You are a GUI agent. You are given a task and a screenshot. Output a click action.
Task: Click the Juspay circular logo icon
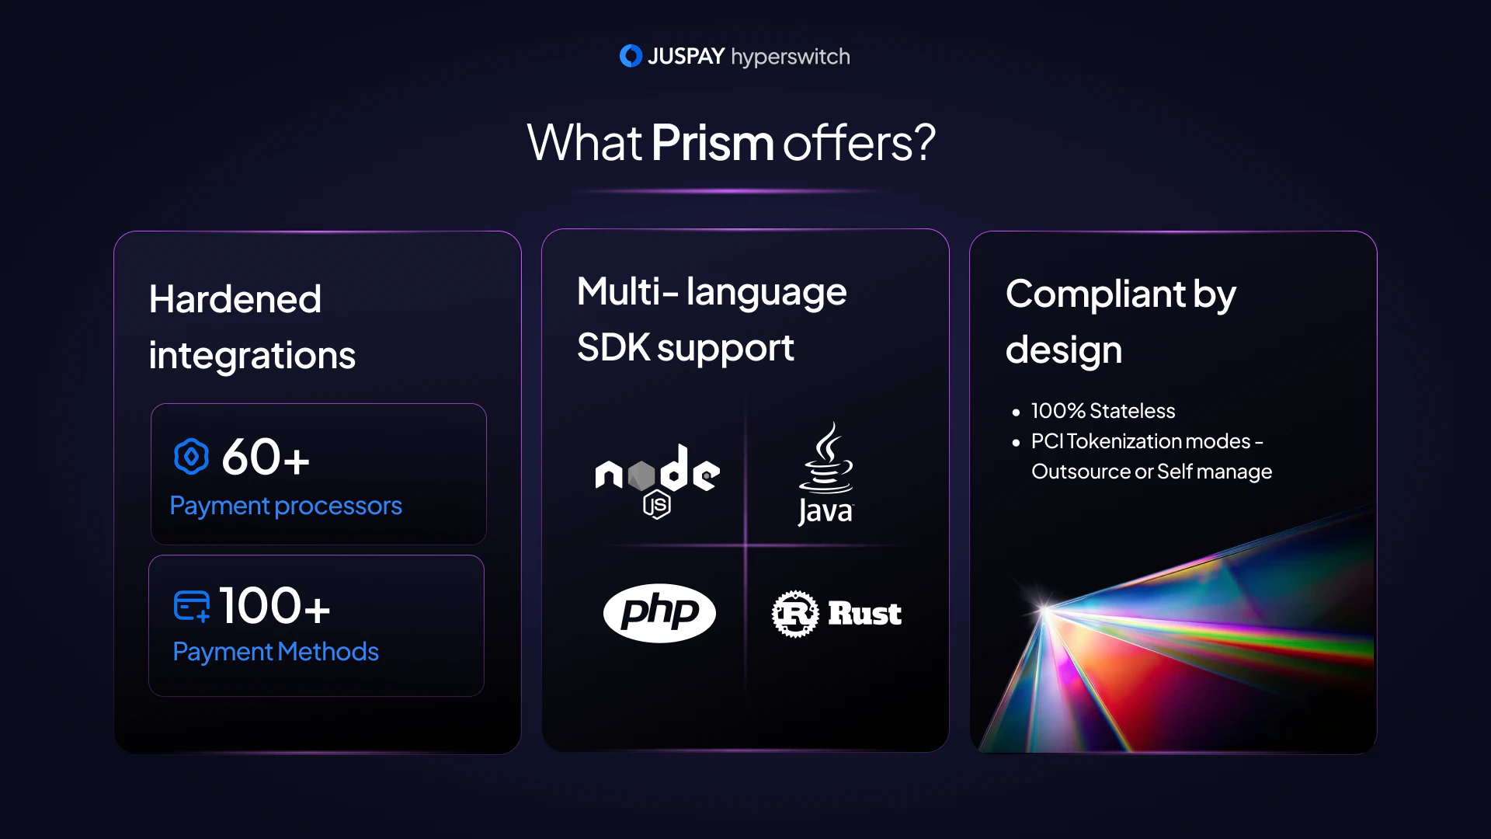pyautogui.click(x=631, y=56)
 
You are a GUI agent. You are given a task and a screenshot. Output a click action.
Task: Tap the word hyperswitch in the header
pyautogui.click(x=791, y=57)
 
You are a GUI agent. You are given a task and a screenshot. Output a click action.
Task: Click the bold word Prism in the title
pyautogui.click(x=713, y=143)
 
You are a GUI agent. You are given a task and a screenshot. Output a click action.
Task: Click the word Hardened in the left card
pyautogui.click(x=235, y=299)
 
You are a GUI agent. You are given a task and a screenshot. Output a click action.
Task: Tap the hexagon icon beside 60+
pyautogui.click(x=191, y=457)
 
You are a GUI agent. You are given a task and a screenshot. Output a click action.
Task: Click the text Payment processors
pyautogui.click(x=286, y=507)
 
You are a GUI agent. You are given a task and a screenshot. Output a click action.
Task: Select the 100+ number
pyautogui.click(x=275, y=605)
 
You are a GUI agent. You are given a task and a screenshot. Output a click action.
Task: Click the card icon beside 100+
pyautogui.click(x=192, y=607)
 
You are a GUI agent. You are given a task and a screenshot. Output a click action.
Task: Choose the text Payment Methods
pyautogui.click(x=276, y=652)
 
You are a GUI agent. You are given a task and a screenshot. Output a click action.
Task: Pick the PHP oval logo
pyautogui.click(x=659, y=613)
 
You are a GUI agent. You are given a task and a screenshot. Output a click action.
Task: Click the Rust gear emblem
pyautogui.click(x=795, y=614)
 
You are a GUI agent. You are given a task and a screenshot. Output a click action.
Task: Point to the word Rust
pyautogui.click(x=865, y=614)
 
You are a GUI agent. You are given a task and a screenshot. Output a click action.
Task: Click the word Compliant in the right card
pyautogui.click(x=1096, y=294)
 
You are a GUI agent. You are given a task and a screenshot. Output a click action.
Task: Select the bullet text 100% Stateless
pyautogui.click(x=1103, y=411)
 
